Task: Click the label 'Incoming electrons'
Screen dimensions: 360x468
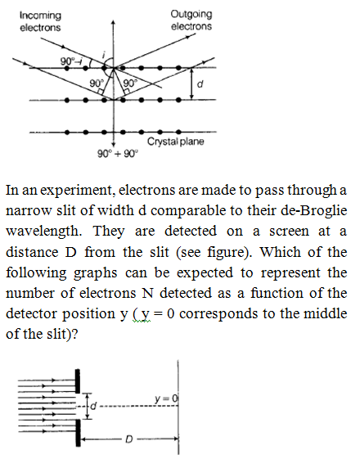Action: pos(40,21)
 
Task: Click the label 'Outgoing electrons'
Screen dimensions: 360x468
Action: pos(191,20)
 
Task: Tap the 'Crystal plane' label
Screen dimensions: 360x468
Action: pos(176,142)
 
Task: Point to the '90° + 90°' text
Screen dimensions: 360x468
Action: pos(118,154)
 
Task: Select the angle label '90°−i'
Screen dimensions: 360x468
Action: pos(70,61)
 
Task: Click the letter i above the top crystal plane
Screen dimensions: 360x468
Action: pos(104,54)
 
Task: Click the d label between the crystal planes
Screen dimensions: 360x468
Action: pos(200,84)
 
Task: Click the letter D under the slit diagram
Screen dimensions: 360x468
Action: pos(128,439)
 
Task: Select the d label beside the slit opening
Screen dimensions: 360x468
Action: pos(93,406)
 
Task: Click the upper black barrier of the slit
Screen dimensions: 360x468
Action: pos(78,381)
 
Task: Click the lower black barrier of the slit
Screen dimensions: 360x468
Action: pos(78,433)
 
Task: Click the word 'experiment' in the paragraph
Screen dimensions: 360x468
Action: pos(78,191)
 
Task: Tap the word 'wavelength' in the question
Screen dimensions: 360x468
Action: pos(43,232)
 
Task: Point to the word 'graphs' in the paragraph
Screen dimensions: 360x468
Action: pos(95,273)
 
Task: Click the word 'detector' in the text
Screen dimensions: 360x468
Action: pos(31,313)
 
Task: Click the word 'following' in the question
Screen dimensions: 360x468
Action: pos(36,273)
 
